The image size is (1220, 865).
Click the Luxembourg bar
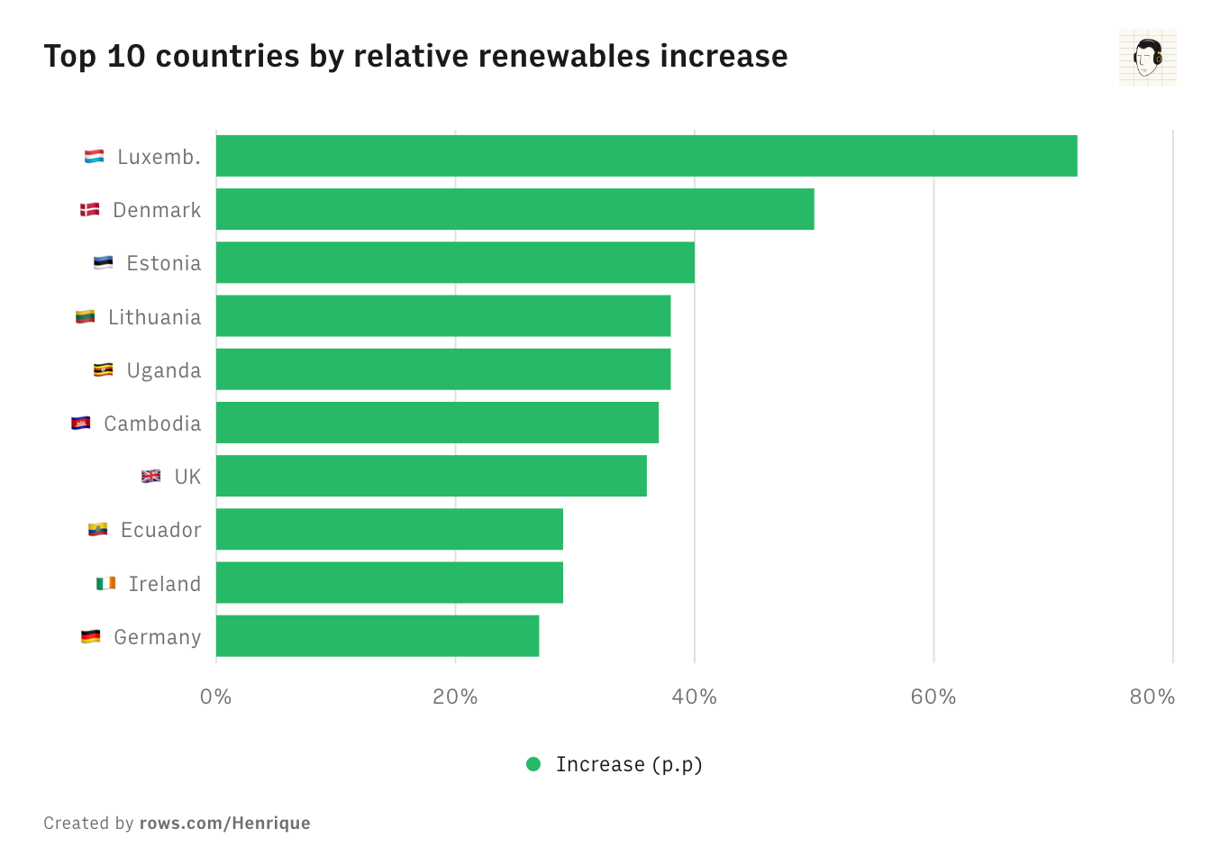(646, 156)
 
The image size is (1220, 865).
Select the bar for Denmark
(514, 209)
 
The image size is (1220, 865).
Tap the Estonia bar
(455, 262)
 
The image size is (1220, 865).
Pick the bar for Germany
(378, 636)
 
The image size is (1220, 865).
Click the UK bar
(431, 476)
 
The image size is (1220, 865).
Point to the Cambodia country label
(152, 423)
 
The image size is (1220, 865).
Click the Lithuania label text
(154, 317)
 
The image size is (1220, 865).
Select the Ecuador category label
(160, 530)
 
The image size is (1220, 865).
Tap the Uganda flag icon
(104, 369)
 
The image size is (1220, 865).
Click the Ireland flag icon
(105, 583)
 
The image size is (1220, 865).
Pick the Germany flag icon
(91, 636)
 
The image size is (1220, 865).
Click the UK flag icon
(151, 476)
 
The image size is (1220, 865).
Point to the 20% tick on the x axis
(455, 697)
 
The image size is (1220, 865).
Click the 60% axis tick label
(933, 697)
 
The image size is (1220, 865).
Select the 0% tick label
(216, 697)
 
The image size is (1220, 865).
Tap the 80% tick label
(1152, 697)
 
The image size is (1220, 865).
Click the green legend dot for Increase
(533, 764)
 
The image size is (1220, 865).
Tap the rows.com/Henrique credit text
(224, 823)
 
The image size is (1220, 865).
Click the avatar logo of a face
(1147, 58)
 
